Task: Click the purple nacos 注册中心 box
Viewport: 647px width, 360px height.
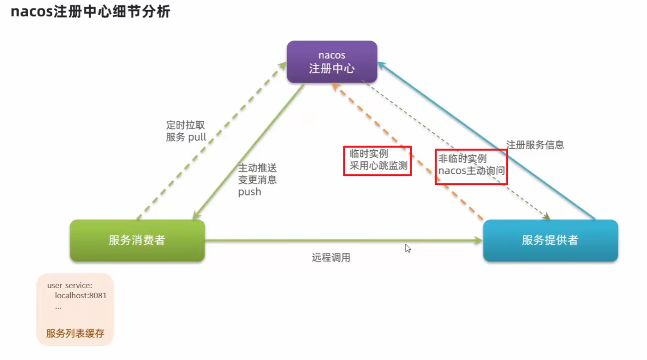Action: (331, 62)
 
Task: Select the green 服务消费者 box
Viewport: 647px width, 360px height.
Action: (137, 240)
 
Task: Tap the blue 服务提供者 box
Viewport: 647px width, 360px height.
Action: (550, 240)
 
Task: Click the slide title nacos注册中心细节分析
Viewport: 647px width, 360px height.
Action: (90, 12)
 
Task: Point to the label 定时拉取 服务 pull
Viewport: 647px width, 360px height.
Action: (186, 131)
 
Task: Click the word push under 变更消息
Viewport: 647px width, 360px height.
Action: (249, 192)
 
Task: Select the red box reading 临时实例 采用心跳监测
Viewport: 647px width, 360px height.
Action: (377, 161)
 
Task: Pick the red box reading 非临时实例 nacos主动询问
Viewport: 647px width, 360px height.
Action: (471, 167)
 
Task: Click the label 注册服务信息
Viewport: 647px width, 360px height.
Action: (535, 145)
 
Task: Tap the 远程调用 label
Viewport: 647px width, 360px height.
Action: (331, 258)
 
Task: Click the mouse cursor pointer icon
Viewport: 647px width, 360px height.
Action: (408, 248)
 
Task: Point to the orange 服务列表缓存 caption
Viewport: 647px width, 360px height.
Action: (75, 334)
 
